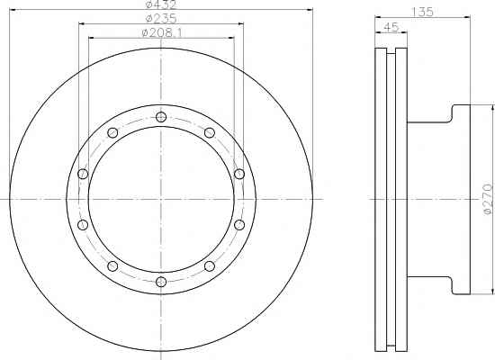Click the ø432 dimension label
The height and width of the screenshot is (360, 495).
click(x=161, y=4)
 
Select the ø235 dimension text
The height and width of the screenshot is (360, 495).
click(x=161, y=19)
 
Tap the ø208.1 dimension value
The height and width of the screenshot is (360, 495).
click(x=162, y=32)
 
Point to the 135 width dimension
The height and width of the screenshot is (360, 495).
click(x=422, y=12)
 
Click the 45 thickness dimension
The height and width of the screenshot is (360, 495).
click(x=391, y=27)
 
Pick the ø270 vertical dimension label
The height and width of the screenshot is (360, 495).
click(x=488, y=199)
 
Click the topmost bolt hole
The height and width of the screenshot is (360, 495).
click(x=161, y=117)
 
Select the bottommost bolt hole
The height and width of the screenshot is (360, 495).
click(x=161, y=282)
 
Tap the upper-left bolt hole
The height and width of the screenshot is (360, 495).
click(x=112, y=132)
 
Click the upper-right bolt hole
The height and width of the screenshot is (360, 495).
click(x=210, y=132)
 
